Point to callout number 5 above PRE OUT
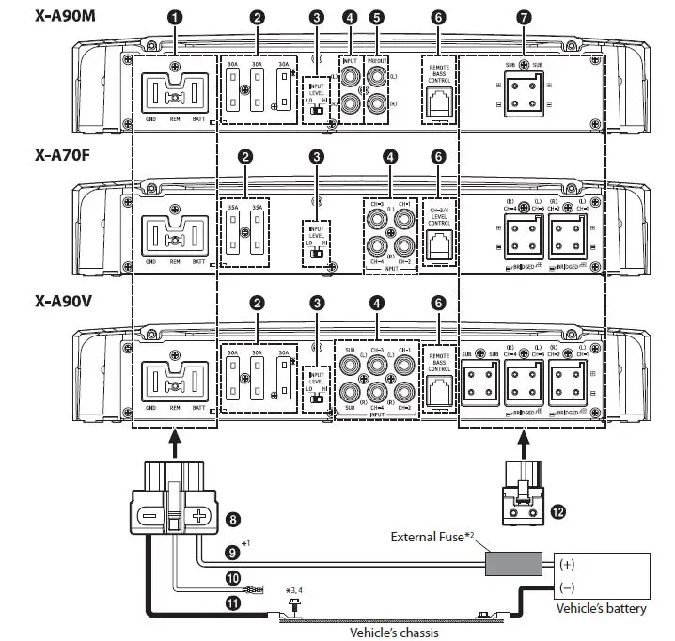coord(377,17)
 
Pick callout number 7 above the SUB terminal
coord(524,17)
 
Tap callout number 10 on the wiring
coord(233,580)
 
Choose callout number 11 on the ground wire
coord(233,604)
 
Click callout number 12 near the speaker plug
coord(558,511)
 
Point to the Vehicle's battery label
coord(601,609)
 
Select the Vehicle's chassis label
coord(393,632)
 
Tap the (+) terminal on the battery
coord(569,565)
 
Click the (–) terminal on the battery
coord(569,587)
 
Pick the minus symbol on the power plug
coord(149,516)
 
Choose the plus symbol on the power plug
coord(198,516)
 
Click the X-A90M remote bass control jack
coord(437,106)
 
